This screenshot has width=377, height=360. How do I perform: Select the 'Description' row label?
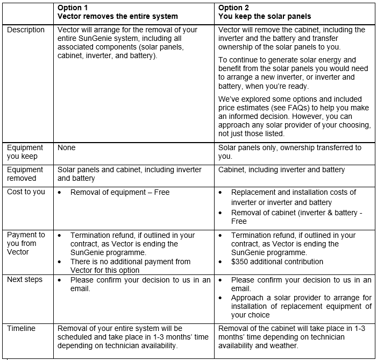pyautogui.click(x=26, y=30)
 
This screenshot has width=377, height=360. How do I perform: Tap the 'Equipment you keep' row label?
pyautogui.click(x=25, y=152)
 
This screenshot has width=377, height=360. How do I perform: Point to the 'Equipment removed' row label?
pyautogui.click(x=25, y=174)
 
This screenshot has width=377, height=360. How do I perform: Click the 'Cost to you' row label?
pyautogui.click(x=26, y=192)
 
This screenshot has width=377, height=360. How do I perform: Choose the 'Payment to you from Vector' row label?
pyautogui.click(x=26, y=244)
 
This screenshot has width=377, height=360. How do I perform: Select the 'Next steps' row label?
pyautogui.click(x=25, y=280)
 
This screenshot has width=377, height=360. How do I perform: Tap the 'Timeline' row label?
pyautogui.click(x=22, y=328)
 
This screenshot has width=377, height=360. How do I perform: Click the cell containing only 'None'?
pyautogui.click(x=66, y=147)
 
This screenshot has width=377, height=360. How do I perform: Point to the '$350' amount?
pyautogui.click(x=240, y=262)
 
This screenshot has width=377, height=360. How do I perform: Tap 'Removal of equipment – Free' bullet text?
pyautogui.click(x=120, y=192)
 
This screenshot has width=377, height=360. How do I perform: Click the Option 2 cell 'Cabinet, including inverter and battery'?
pyautogui.click(x=281, y=170)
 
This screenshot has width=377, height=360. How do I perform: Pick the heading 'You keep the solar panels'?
pyautogui.click(x=265, y=16)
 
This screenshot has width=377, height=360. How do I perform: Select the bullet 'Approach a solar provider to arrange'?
pyautogui.click(x=301, y=298)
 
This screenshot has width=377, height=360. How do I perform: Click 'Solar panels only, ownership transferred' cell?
pyautogui.click(x=289, y=147)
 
